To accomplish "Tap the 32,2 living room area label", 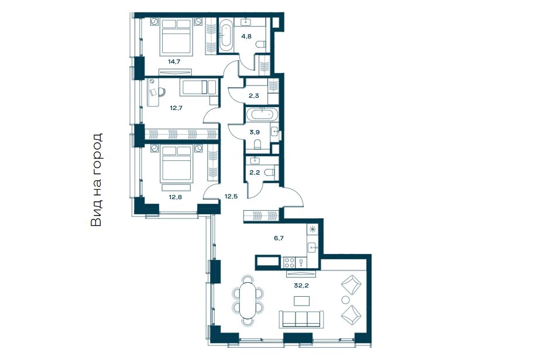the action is click(x=301, y=286).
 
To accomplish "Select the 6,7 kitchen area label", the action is click(x=279, y=238).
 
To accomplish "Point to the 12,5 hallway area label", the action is click(x=231, y=197).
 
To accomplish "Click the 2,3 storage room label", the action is click(x=253, y=95).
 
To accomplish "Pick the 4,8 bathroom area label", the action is click(x=246, y=36).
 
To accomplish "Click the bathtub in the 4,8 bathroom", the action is click(x=226, y=35).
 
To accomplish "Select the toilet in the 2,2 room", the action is click(x=270, y=173).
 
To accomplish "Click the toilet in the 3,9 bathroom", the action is click(x=258, y=143).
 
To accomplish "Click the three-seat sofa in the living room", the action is click(x=301, y=319).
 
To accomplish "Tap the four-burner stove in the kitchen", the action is click(x=290, y=262).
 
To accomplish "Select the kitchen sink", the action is click(x=312, y=248).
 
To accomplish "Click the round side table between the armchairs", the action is click(x=345, y=300).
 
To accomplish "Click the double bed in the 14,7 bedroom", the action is click(x=177, y=36).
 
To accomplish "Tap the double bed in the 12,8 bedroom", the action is click(x=177, y=163).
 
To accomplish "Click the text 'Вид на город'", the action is click(x=97, y=180).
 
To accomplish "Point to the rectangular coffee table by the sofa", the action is click(x=302, y=301).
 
